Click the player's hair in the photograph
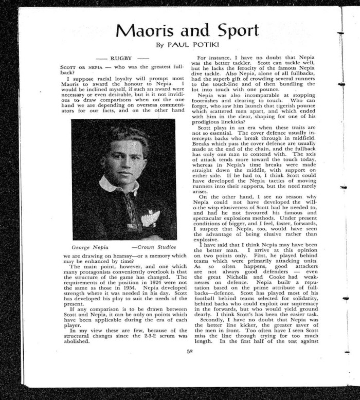(123, 137)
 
